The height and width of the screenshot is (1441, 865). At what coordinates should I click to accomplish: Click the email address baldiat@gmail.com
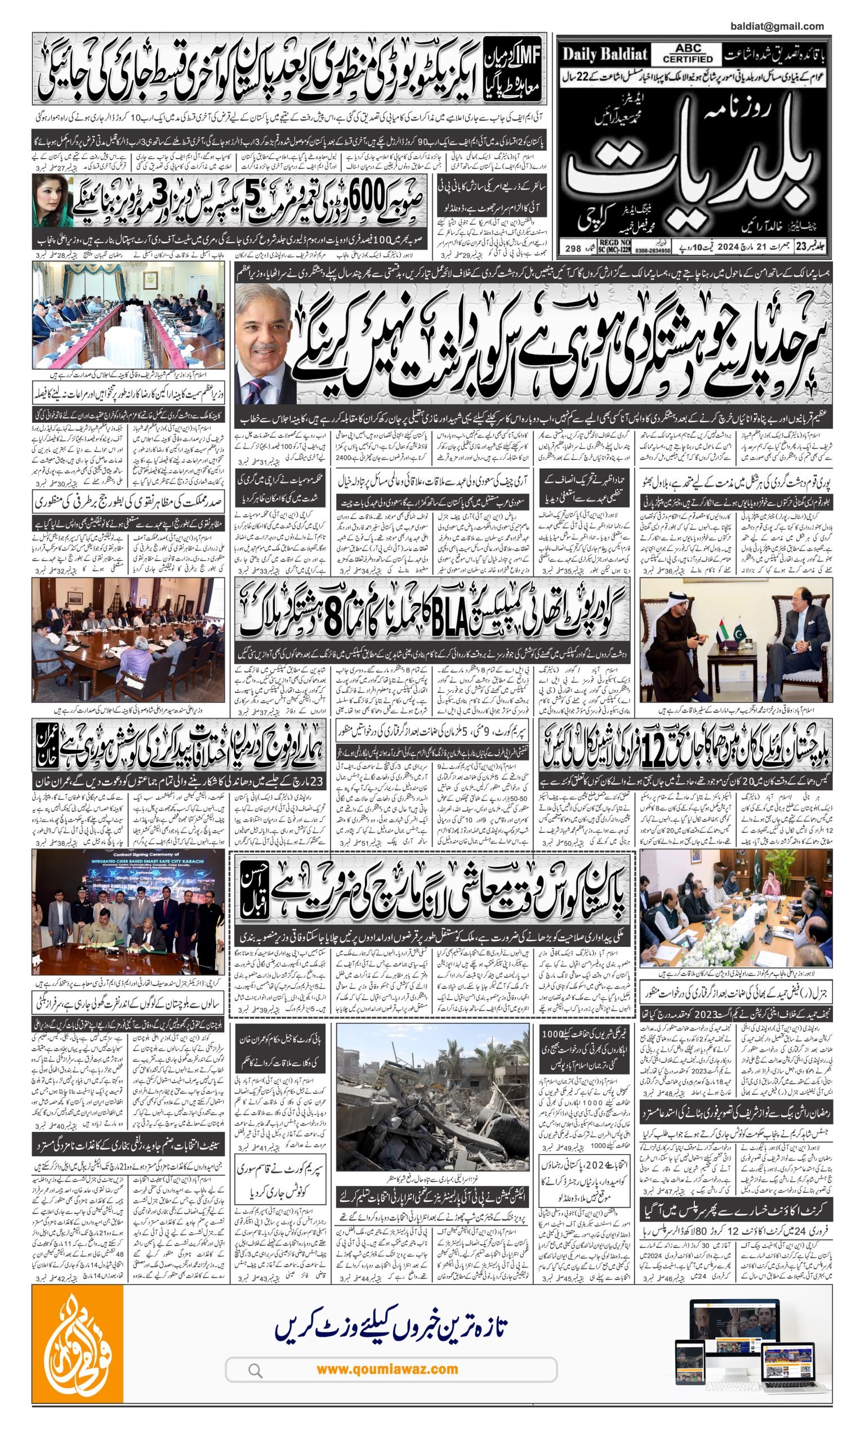coord(776,26)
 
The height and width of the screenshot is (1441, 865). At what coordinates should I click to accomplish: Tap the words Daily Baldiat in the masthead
coord(604,55)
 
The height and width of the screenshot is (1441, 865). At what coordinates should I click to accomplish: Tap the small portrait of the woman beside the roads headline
coord(53,201)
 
